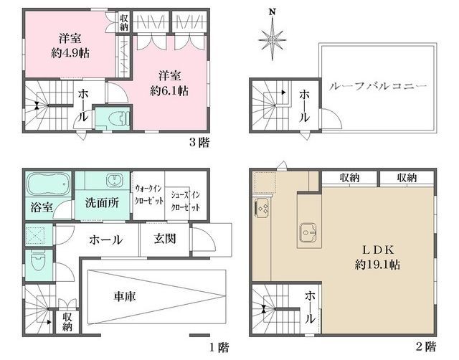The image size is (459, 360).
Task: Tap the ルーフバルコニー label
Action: coord(378,87)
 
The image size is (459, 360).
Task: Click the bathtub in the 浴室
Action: coord(49,184)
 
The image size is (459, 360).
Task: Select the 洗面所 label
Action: coord(102,202)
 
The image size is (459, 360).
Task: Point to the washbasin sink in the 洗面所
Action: coord(113,179)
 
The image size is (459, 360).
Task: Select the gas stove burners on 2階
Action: coord(262,207)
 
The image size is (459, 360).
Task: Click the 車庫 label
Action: coord(124,296)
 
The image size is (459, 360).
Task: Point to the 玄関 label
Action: coord(165,239)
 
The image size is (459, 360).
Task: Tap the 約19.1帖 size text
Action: coord(377,265)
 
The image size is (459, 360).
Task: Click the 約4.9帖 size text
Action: coord(70,53)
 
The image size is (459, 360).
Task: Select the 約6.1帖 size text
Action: coord(169,91)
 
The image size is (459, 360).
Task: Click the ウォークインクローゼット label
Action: coord(148,194)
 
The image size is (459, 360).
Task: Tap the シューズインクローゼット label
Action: coord(186,201)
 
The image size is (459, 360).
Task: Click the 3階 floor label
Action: coord(199,143)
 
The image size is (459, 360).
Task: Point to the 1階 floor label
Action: coord(219,347)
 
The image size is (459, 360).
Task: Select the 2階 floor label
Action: coord(426,347)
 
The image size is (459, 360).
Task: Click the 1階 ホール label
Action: coord(106,240)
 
